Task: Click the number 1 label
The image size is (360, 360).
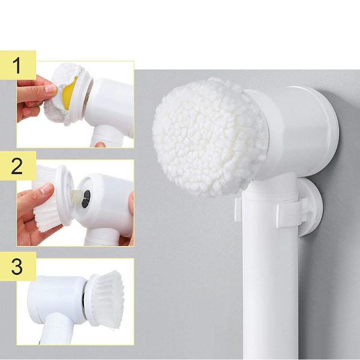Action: (17, 65)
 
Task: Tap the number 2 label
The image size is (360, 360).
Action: (17, 166)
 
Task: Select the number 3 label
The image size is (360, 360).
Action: (17, 266)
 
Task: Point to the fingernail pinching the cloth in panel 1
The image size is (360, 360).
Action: (51, 88)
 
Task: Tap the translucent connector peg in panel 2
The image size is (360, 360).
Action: (76, 197)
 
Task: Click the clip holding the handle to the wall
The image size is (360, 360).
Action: (291, 212)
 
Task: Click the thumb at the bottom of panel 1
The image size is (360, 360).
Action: (100, 145)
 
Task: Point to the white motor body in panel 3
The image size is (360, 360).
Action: (58, 298)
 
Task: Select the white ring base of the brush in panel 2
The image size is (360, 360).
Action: (65, 195)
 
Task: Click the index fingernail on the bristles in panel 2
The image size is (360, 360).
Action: (47, 189)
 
